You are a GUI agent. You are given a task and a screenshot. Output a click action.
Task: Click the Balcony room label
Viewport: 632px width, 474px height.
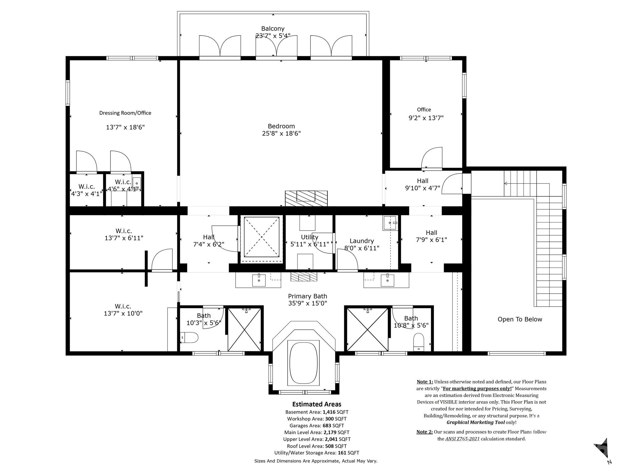(x=273, y=29)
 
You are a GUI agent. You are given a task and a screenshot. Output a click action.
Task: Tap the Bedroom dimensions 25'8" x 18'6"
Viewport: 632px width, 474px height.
(x=281, y=133)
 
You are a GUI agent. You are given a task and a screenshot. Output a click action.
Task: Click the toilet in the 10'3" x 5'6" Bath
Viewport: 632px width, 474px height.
(x=189, y=338)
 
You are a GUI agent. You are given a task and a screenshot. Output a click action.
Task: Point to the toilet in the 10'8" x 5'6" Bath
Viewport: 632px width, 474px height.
(x=419, y=342)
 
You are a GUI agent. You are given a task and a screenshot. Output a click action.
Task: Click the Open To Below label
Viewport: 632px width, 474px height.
(x=520, y=319)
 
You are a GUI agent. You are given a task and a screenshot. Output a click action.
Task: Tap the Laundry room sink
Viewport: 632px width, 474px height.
(x=390, y=223)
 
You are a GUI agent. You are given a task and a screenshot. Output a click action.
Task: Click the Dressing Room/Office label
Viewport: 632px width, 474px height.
(x=125, y=113)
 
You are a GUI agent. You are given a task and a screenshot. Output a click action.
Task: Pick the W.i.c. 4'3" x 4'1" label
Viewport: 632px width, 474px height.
(x=86, y=187)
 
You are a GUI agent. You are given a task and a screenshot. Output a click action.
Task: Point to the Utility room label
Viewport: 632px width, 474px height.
(x=310, y=237)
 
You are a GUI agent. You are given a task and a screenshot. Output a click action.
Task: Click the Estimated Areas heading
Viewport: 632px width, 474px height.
(x=317, y=404)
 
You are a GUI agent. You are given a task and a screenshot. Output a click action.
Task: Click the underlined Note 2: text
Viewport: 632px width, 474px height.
(x=425, y=432)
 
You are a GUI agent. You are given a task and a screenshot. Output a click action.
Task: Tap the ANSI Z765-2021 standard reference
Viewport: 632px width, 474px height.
(x=462, y=439)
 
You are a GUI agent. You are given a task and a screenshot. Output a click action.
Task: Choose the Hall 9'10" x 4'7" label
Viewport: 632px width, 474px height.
(x=422, y=181)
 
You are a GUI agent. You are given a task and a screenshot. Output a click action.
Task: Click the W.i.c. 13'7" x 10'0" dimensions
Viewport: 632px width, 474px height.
(x=123, y=314)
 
